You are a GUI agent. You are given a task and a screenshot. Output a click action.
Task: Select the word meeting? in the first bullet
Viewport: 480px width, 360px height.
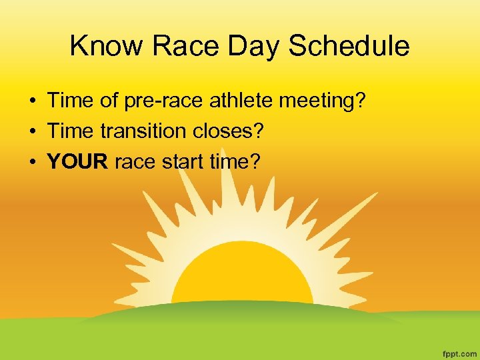[x=323, y=102]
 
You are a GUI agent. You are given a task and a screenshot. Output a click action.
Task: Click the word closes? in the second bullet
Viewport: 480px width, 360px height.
[x=227, y=131]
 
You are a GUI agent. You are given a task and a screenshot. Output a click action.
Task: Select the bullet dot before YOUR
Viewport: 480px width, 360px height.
[x=32, y=161]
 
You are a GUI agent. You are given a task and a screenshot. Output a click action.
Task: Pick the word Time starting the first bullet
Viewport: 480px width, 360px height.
[x=69, y=102]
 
